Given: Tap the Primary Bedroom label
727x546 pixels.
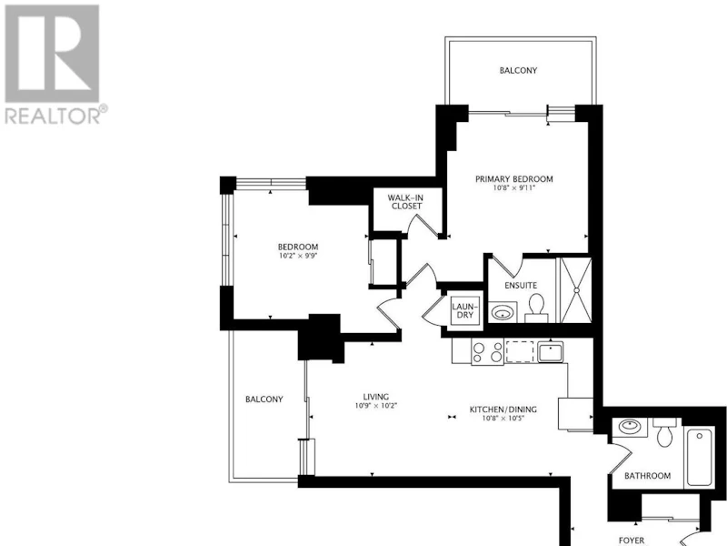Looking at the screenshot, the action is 514,178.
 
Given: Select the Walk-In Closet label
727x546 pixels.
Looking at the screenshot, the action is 406,202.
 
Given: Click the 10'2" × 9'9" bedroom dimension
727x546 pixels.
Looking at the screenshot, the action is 298,256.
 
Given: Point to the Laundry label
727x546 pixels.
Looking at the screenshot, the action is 464,310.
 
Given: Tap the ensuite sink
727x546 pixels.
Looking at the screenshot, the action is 503,312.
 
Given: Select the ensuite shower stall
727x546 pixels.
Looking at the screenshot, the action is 576,290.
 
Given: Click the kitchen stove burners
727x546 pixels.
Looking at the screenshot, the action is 487,352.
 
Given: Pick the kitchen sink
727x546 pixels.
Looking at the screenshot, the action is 551,351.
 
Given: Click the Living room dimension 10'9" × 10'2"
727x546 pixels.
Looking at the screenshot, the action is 376,405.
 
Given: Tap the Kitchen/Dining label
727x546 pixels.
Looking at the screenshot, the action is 503,409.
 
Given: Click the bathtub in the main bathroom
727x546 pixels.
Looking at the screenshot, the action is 699,458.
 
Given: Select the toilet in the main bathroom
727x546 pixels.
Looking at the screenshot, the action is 665,432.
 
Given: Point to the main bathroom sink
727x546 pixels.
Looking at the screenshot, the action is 630,426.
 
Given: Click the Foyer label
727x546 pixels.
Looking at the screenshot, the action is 632,541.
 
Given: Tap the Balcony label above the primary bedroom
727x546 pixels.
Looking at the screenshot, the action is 518,71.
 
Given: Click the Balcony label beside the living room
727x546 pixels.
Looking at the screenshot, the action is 264,399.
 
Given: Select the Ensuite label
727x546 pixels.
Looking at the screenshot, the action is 521,285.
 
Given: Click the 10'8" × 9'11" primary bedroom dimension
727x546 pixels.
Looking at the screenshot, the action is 514,188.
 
